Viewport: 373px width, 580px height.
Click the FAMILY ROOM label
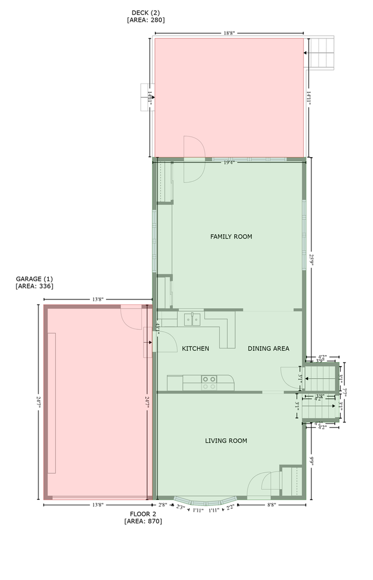pos(231,236)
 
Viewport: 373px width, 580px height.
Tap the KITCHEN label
pos(195,348)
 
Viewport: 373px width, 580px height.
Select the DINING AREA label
pos(268,348)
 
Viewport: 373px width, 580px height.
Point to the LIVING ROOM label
pos(226,441)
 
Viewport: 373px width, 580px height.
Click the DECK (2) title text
pos(146,12)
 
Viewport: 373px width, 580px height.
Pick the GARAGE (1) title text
pos(34,278)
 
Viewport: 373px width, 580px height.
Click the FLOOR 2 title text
pos(143,513)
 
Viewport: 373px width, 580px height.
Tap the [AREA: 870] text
pos(143,521)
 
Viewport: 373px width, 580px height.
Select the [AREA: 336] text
pos(34,286)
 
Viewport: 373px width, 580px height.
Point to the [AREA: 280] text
pos(146,20)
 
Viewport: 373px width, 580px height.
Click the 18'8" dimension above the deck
pos(228,34)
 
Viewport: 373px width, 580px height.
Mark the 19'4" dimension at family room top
pos(229,163)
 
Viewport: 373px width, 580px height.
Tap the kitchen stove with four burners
pos(209,382)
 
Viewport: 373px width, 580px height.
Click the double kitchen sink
pos(192,319)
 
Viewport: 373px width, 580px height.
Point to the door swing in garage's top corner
pos(131,317)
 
